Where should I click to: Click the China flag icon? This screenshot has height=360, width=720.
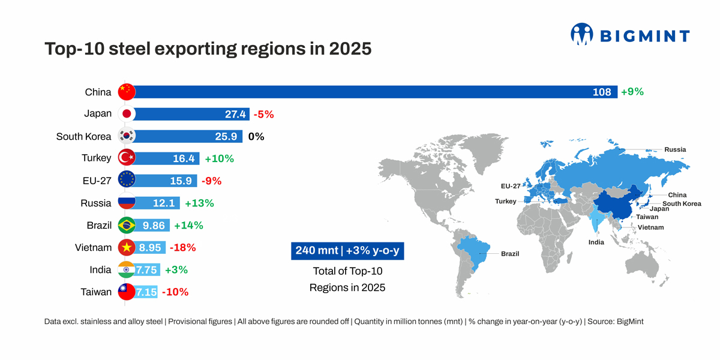[x=127, y=92]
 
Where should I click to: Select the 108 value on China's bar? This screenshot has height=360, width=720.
[x=601, y=92]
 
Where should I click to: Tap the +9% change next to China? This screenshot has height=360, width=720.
[x=632, y=92]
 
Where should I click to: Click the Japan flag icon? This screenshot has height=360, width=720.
[x=127, y=114]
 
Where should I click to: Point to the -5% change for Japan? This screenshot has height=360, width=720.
[x=263, y=114]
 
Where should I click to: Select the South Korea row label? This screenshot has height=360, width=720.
[x=83, y=136]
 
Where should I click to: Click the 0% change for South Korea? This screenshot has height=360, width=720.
[x=256, y=136]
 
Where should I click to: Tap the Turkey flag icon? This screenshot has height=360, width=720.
[x=127, y=158]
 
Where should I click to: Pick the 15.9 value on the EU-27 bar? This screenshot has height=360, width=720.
[x=181, y=181]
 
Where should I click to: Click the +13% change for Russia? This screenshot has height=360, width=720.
[x=199, y=203]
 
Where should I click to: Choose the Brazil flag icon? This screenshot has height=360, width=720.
[x=127, y=226]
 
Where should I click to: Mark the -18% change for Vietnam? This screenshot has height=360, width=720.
[x=182, y=247]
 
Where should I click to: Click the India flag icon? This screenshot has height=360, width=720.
[x=127, y=270]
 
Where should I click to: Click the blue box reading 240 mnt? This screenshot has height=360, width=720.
[x=347, y=251]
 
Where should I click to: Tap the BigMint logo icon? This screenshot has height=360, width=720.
[x=581, y=34]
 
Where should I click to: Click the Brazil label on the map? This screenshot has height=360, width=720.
[x=509, y=254]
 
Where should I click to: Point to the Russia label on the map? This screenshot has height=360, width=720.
[x=675, y=149]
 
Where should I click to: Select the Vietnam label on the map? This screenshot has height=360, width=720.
[x=650, y=227]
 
